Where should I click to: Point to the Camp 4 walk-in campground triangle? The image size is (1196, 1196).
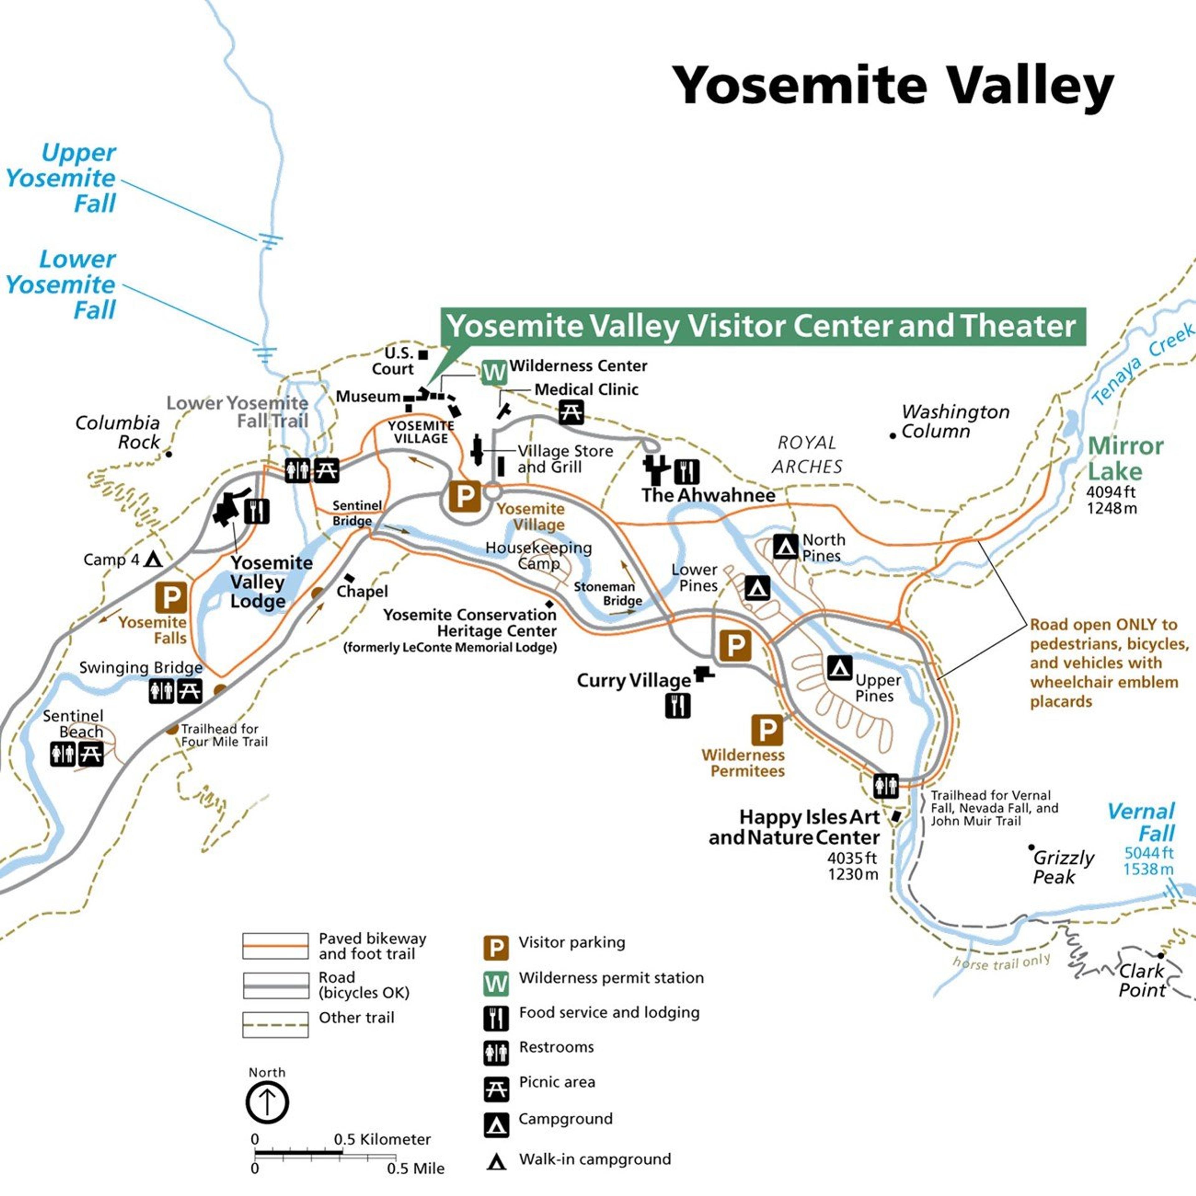pyautogui.click(x=153, y=560)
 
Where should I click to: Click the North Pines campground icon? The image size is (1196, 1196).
pyautogui.click(x=785, y=547)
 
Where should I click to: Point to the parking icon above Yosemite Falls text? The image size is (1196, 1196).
pyautogui.click(x=171, y=597)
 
